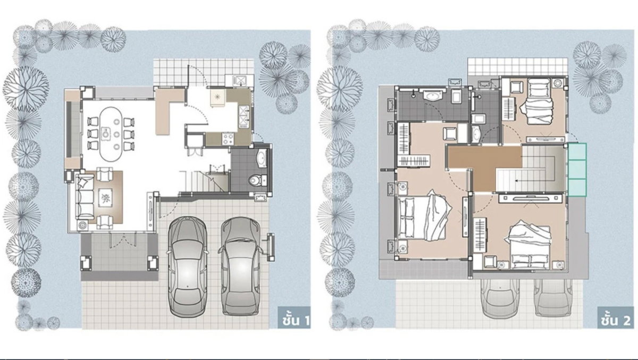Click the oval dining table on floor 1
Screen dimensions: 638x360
[111, 134]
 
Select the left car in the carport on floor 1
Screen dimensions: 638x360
[187, 267]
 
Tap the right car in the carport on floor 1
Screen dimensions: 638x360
[240, 266]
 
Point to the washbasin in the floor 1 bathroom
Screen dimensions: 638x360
[262, 158]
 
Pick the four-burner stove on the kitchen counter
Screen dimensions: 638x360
[228, 139]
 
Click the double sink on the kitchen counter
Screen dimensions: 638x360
[244, 117]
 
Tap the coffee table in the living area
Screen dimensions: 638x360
[105, 198]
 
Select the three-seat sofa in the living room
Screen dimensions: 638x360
[85, 197]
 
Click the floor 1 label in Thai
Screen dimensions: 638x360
[294, 321]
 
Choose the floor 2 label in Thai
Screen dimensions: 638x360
[616, 321]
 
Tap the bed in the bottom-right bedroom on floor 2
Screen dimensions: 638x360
[530, 246]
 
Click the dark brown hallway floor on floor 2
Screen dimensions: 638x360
[484, 165]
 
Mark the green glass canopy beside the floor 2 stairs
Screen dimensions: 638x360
[577, 170]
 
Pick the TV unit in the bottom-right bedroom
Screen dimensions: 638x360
[531, 198]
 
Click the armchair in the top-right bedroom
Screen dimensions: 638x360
[516, 87]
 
